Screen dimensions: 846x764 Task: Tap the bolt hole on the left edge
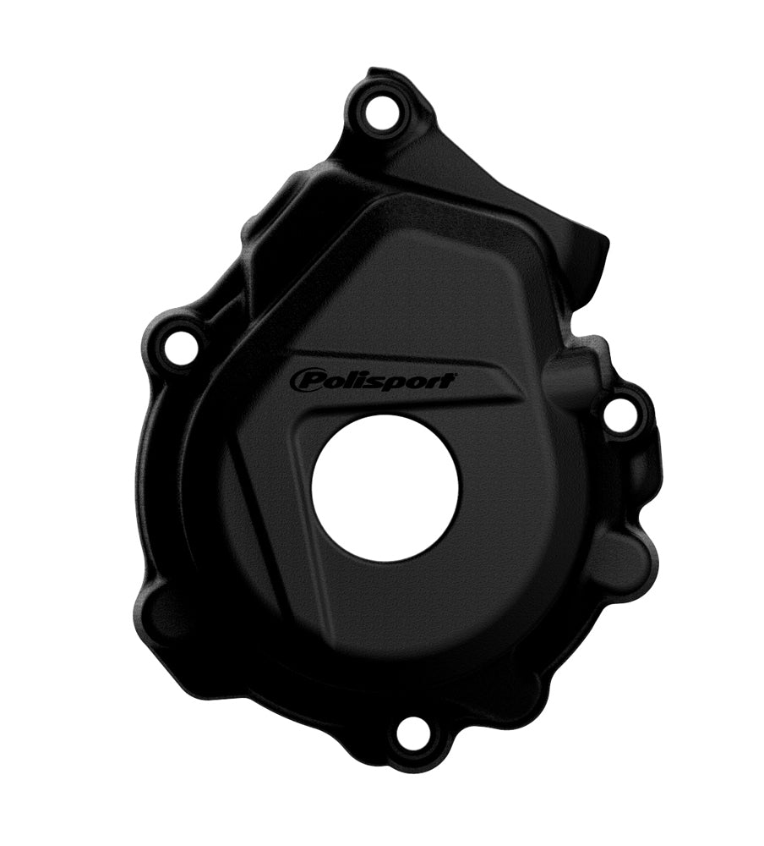(x=180, y=348)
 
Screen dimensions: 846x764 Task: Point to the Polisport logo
(x=374, y=382)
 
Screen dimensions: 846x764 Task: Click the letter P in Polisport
(x=305, y=382)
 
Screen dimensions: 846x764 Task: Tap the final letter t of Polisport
(x=450, y=381)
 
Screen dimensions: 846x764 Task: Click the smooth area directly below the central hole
(x=389, y=618)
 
